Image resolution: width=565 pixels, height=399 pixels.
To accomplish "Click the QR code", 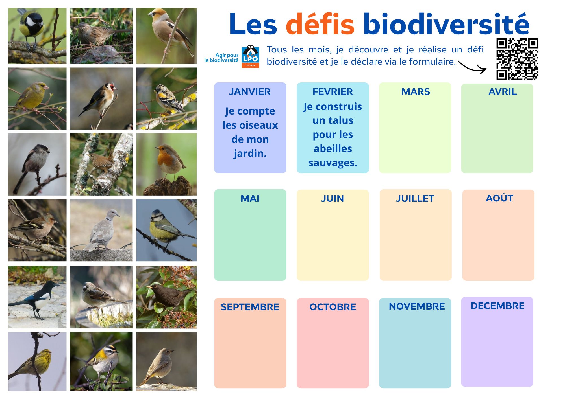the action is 517,59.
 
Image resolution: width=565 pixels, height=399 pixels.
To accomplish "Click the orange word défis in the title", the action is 320,24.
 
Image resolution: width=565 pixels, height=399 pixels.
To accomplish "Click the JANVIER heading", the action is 250,92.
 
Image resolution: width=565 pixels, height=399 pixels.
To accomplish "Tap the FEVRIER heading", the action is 333,92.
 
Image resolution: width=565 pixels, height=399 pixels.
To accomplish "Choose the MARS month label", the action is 416,92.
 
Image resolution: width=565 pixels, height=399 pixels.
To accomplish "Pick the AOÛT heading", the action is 499,198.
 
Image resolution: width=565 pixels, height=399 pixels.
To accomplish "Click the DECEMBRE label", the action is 497,306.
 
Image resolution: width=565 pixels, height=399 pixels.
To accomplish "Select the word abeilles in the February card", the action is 333,148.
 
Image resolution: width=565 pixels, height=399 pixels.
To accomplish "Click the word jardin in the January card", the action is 250,154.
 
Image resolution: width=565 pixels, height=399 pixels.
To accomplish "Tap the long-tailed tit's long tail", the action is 19,180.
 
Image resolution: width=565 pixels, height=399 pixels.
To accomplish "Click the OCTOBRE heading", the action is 333,307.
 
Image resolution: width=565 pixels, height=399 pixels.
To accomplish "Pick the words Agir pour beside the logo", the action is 227,55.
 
